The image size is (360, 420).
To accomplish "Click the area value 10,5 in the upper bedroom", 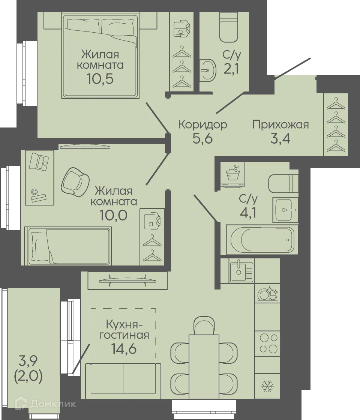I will click(100, 79).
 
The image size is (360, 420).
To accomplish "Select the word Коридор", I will click(202, 124).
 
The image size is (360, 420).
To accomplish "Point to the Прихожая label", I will click(280, 124).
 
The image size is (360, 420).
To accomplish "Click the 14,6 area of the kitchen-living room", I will click(123, 349).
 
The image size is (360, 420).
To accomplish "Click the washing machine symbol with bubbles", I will click(233, 174).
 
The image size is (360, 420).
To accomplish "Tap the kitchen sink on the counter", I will click(241, 271).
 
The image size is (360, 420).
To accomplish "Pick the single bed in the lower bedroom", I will click(67, 246).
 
